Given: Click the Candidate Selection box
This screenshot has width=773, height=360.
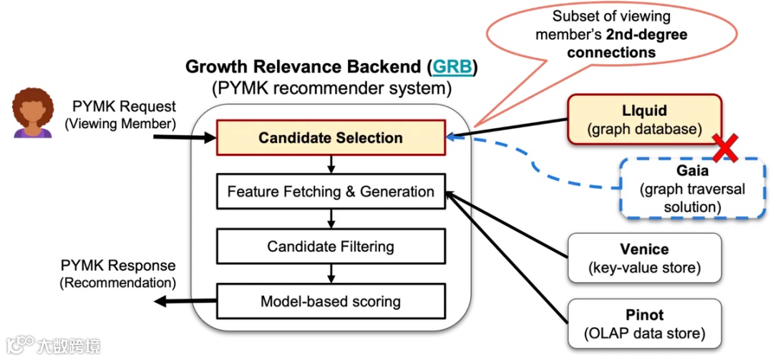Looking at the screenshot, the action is click(330, 137).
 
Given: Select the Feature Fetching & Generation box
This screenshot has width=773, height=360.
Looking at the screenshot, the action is click(330, 191).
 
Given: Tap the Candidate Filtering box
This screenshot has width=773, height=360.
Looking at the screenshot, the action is click(330, 245).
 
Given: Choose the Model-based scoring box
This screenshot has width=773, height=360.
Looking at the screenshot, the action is click(330, 301).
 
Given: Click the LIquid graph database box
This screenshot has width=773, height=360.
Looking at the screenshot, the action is click(644, 120).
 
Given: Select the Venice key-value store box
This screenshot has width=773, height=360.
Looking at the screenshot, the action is click(644, 258).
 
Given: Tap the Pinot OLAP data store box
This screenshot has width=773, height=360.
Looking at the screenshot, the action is click(644, 323).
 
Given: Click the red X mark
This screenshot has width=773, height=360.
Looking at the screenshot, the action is click(724, 148).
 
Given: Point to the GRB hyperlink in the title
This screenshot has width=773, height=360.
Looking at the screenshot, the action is click(452, 68).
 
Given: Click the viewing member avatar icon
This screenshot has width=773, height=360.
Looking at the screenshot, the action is click(33, 112).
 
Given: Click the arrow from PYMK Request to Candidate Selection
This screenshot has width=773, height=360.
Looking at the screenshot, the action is click(185, 137).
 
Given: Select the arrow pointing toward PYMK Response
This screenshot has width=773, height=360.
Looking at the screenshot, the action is click(185, 301).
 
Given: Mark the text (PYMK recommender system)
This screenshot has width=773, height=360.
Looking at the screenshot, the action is click(331, 89).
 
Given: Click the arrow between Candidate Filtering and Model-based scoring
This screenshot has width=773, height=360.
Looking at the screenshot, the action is click(331, 273).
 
